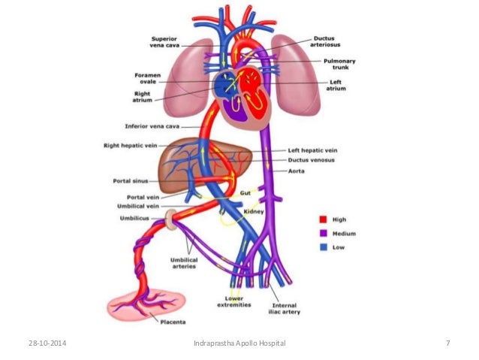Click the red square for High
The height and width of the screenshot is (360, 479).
click(x=323, y=219)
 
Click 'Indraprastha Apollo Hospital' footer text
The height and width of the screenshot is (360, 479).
click(x=239, y=343)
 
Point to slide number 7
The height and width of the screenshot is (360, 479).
click(x=447, y=343)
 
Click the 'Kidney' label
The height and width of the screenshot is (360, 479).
click(x=255, y=212)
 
